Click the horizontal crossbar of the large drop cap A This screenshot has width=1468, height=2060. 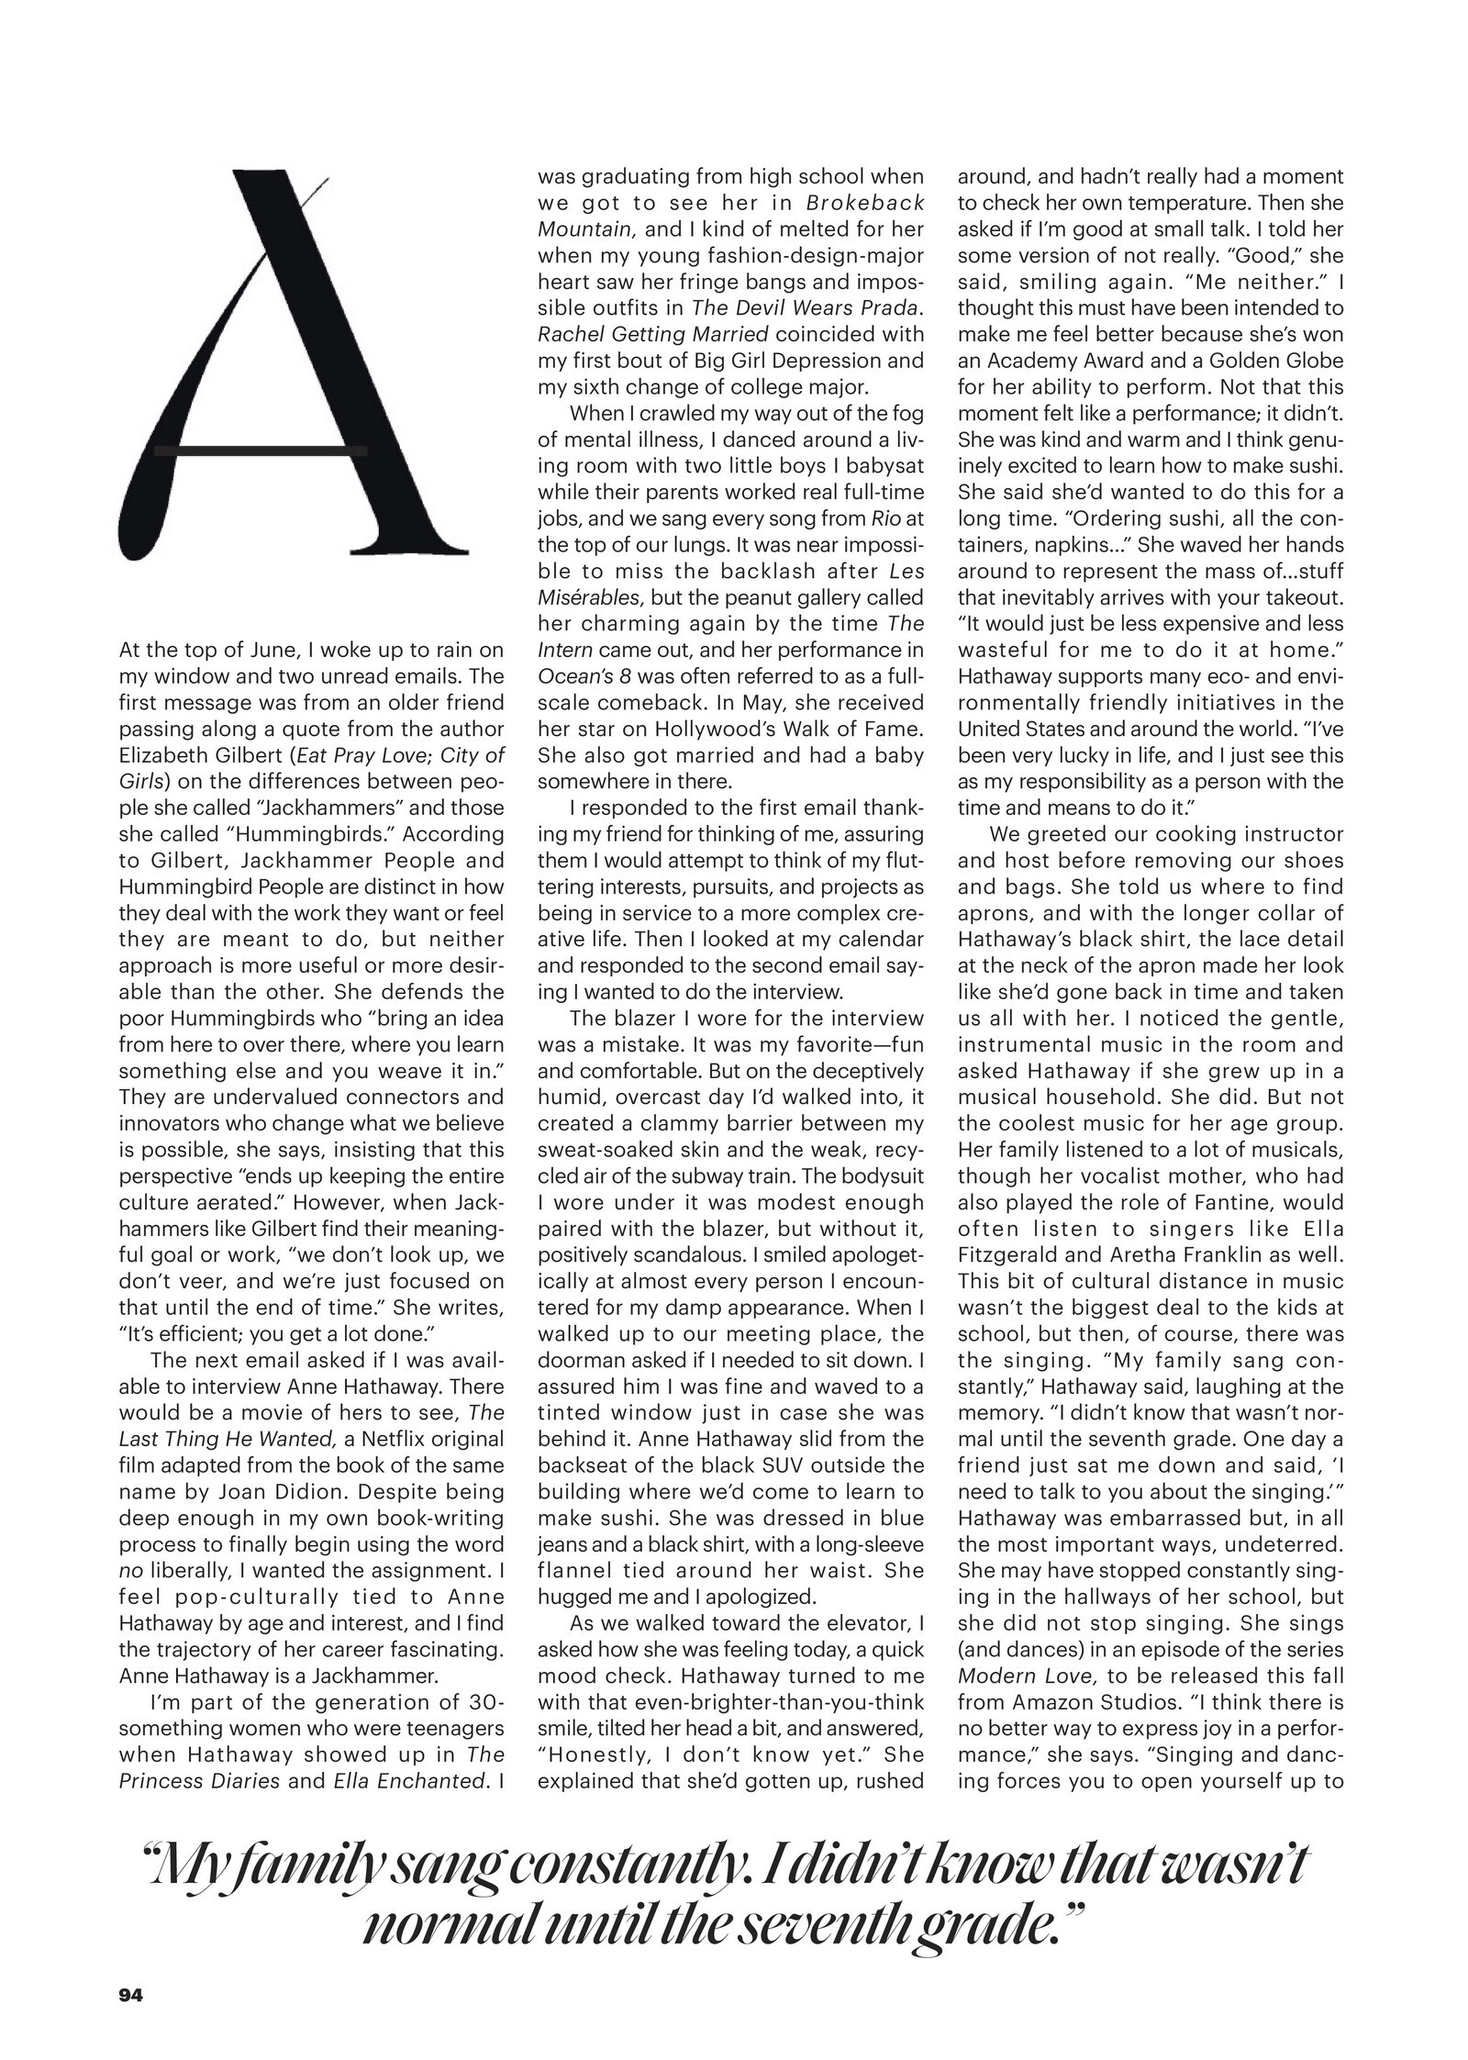pyautogui.click(x=261, y=451)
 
